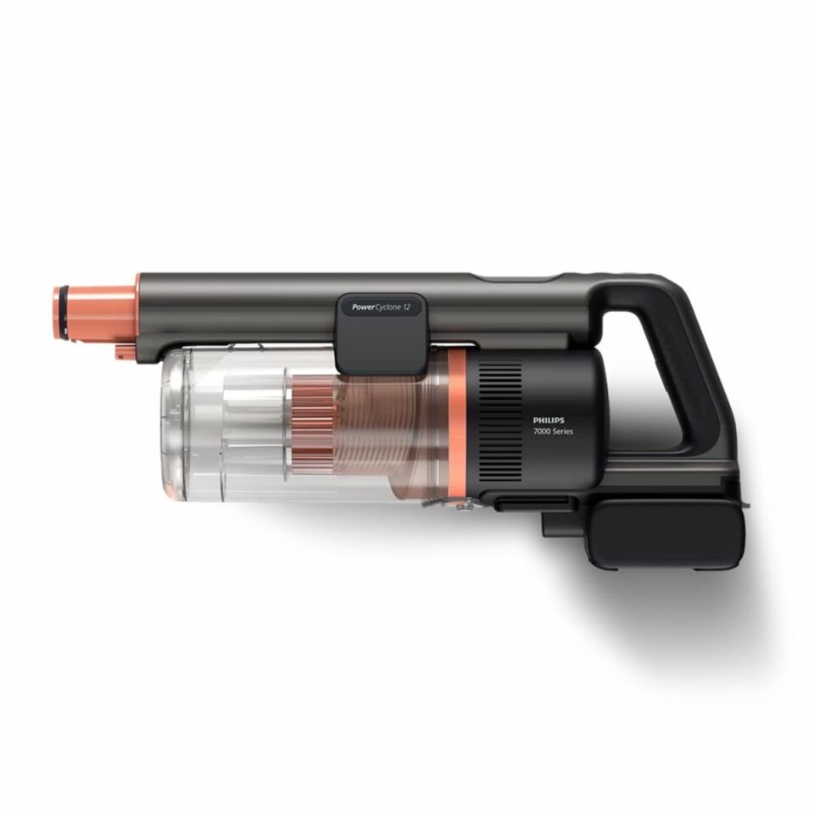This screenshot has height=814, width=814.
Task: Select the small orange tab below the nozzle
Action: (x=124, y=351)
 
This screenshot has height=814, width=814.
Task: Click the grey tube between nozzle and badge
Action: (x=237, y=309)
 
